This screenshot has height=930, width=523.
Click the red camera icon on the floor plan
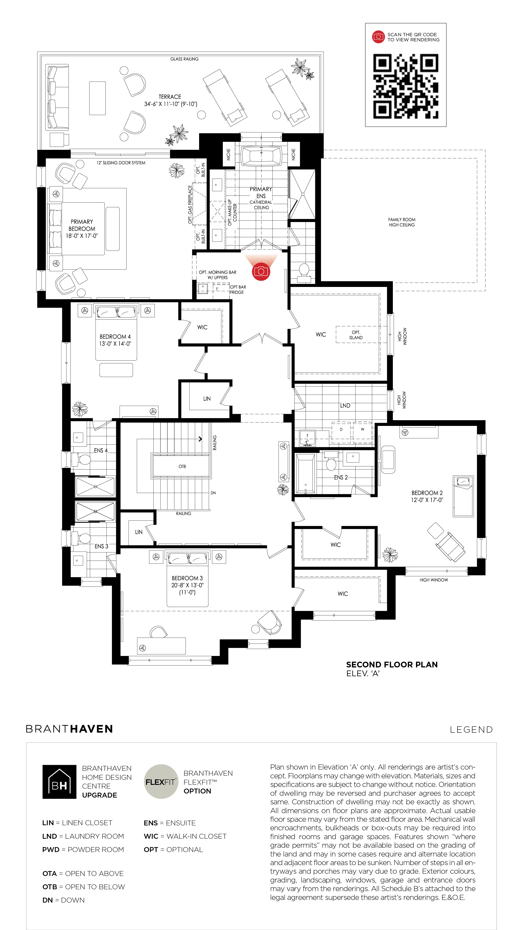pyautogui.click(x=261, y=271)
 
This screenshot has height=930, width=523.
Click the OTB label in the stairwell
pyautogui.click(x=182, y=466)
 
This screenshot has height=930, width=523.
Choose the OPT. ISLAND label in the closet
pyautogui.click(x=356, y=335)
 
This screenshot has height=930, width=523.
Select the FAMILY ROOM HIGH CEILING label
pyautogui.click(x=402, y=222)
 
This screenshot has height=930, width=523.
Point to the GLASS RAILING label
pyautogui.click(x=184, y=59)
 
